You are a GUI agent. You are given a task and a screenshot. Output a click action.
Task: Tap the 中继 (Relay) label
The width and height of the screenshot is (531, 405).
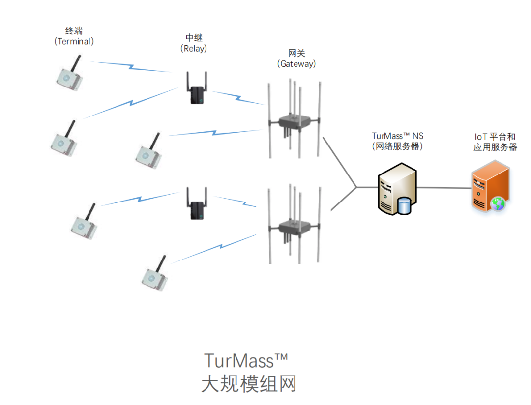[x=193, y=43]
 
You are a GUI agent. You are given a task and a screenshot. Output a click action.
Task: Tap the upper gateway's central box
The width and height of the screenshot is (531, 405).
[x=294, y=121]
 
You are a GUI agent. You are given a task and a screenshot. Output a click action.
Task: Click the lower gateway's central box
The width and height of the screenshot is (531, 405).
[x=294, y=227]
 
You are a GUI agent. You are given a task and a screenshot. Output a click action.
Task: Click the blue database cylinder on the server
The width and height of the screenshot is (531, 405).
[x=404, y=205]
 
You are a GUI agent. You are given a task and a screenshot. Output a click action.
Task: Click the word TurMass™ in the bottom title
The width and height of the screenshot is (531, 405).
[x=245, y=360]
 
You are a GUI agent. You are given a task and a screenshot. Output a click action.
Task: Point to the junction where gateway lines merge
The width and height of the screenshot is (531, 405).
[x=356, y=187]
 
